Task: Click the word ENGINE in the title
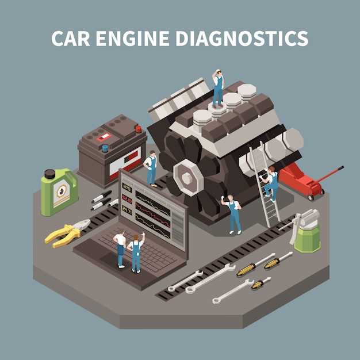pyautogui.click(x=132, y=39)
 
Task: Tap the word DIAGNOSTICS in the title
pyautogui.click(x=242, y=39)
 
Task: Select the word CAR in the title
pyautogui.click(x=71, y=39)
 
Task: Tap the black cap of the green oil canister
pyautogui.click(x=50, y=174)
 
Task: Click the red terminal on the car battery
pyautogui.click(x=139, y=129)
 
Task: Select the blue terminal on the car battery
pyautogui.click(x=105, y=148)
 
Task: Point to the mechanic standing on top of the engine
pyautogui.click(x=218, y=89)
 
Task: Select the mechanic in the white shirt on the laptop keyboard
pyautogui.click(x=120, y=249)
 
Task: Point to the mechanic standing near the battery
pyautogui.click(x=151, y=168)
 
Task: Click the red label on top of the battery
pyautogui.click(x=104, y=137)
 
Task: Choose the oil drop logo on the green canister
pyautogui.click(x=62, y=190)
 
